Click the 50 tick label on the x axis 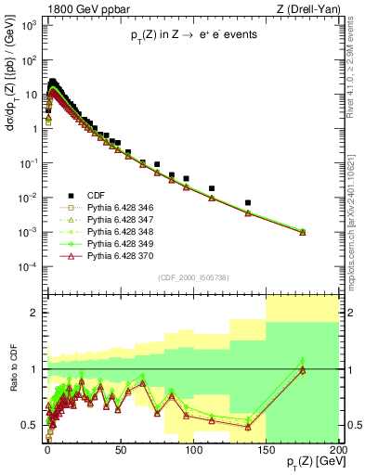[x=120, y=451]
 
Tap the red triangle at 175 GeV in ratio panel [x=303, y=370]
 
